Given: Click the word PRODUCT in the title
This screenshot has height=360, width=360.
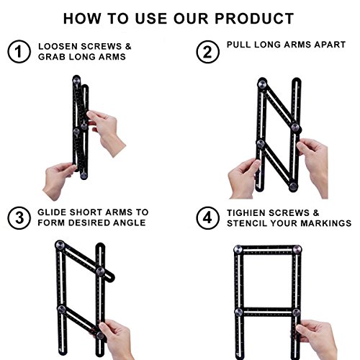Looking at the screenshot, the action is pyautogui.click(x=254, y=19).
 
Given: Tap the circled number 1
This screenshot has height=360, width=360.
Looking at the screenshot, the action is pyautogui.click(x=19, y=51).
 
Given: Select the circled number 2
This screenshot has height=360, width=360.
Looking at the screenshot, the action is pyautogui.click(x=207, y=52).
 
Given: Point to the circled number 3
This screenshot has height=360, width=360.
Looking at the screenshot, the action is pyautogui.click(x=19, y=218).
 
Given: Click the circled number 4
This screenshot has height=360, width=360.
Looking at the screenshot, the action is pyautogui.click(x=207, y=218).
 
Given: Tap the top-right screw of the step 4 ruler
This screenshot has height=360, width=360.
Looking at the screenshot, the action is pyautogui.click(x=297, y=249).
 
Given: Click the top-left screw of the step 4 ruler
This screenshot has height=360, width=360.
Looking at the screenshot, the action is pyautogui.click(x=238, y=249).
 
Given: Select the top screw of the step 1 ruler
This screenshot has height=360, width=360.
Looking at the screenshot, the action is pyautogui.click(x=76, y=80).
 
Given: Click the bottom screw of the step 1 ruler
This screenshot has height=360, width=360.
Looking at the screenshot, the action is pyautogui.click(x=84, y=176).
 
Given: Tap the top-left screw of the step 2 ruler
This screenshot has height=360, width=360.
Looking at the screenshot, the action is pyautogui.click(x=262, y=84).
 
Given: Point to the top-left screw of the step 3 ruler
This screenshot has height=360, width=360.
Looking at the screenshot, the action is pyautogui.click(x=60, y=246).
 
